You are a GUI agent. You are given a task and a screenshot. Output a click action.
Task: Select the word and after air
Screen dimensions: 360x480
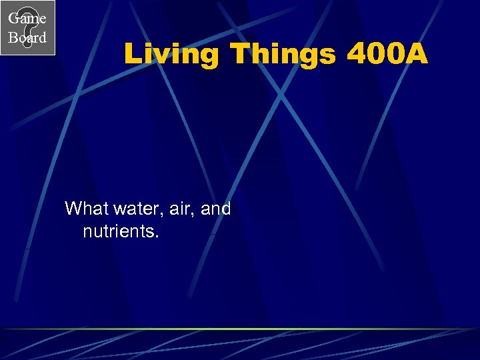coord(215,209)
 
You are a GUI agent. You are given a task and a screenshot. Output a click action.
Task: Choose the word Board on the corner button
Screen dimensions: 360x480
coord(27,38)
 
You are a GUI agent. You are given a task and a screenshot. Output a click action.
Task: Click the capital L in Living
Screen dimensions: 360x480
coord(131,54)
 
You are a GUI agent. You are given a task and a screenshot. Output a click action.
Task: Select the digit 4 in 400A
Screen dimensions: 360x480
coord(357,54)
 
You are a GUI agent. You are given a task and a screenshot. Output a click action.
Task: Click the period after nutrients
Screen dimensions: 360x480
coord(157,237)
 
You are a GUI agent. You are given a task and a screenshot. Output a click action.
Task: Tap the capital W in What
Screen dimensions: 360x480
coord(72,209)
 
